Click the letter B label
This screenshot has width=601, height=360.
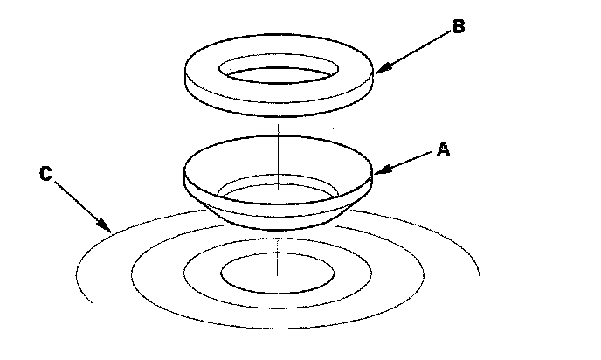pyautogui.click(x=458, y=26)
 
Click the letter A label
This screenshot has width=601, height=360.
pyautogui.click(x=443, y=149)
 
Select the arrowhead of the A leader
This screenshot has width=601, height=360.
pyautogui.click(x=374, y=170)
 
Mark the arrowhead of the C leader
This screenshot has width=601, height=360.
pyautogui.click(x=110, y=229)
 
